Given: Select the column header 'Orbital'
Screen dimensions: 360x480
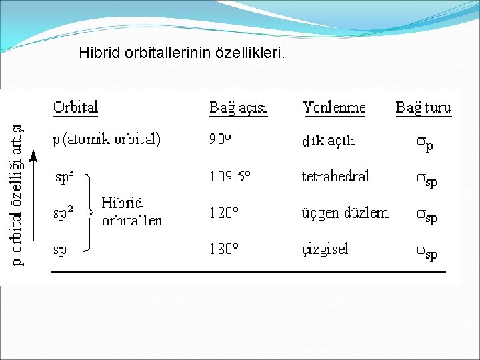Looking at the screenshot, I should [x=75, y=107].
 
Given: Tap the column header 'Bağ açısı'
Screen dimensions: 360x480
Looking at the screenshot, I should [x=238, y=107].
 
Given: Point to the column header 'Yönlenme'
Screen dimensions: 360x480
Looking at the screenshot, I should [x=334, y=107].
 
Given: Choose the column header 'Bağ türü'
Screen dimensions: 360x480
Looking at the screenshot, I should [x=423, y=107].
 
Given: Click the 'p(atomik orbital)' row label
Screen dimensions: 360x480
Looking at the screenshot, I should [x=107, y=140].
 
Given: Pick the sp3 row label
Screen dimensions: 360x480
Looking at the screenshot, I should [x=64, y=177].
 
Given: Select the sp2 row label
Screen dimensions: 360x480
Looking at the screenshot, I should [x=64, y=213].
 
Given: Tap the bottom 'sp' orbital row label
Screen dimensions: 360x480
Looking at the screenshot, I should [x=60, y=250].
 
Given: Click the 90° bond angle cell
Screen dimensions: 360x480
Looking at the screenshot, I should [x=221, y=140].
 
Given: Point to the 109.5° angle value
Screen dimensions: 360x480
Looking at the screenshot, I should [x=230, y=177].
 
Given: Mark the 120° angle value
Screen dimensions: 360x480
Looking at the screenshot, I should [x=224, y=213].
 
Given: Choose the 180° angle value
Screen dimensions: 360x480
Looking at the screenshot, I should [x=224, y=250].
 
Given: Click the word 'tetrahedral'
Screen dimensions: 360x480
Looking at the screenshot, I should [x=335, y=177].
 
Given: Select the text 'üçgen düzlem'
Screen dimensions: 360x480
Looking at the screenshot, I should [x=345, y=213].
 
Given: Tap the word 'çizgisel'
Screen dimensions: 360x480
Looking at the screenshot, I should [x=325, y=250].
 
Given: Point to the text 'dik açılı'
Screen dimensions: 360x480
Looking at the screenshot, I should [x=329, y=141].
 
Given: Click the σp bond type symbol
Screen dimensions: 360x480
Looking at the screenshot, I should [x=425, y=143].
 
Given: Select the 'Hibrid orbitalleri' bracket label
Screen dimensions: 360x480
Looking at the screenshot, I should [x=132, y=211].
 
